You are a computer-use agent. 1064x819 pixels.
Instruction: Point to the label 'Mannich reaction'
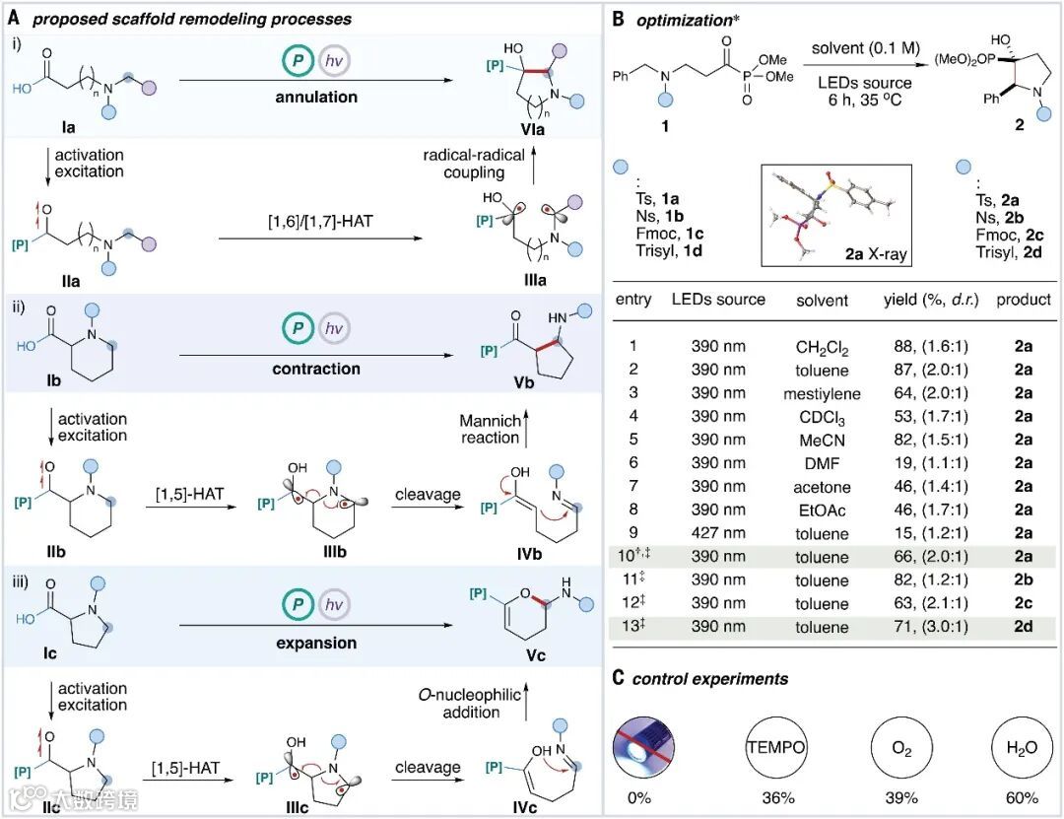pos(489,430)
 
